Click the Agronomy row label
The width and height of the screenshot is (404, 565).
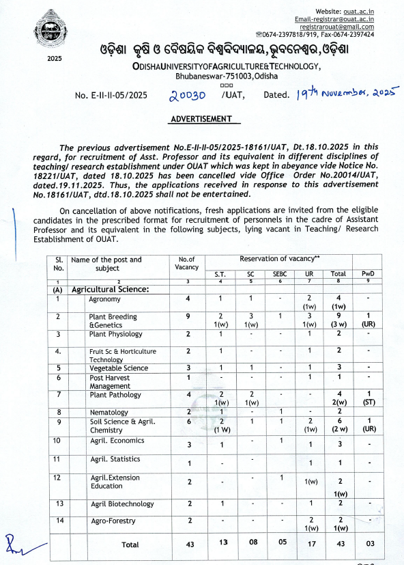coord(104,299)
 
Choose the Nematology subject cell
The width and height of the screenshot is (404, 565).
coord(109,412)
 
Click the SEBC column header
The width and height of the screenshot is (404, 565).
coord(280,274)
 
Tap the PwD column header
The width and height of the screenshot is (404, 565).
coord(369,274)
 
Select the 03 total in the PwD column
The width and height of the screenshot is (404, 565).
coord(369,545)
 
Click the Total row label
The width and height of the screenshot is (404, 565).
coord(130,545)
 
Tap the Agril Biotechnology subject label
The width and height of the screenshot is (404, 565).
coord(121,503)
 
